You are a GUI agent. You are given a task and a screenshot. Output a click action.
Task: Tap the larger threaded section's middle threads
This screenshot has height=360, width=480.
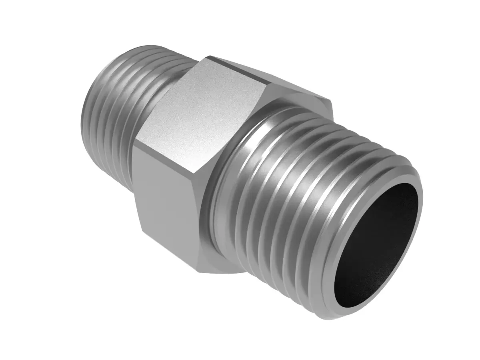tap(304, 192)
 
